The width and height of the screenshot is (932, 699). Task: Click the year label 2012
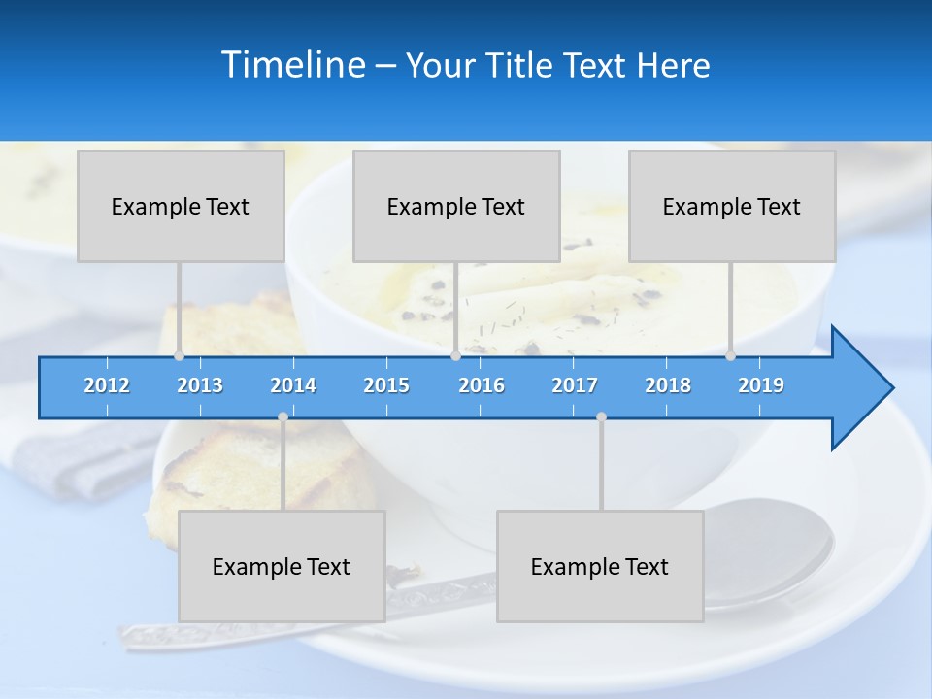click(x=107, y=385)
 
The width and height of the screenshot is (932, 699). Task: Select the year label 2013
click(x=200, y=385)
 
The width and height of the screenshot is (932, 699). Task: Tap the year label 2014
click(x=293, y=385)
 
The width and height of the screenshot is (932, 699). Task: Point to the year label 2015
click(x=386, y=385)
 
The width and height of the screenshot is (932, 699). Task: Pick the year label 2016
click(x=482, y=385)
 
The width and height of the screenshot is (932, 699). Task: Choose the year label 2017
click(x=575, y=385)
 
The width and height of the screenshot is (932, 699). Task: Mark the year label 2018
click(x=668, y=385)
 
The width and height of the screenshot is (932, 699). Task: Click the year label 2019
click(x=761, y=385)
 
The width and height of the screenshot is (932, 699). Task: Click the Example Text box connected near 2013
click(x=181, y=206)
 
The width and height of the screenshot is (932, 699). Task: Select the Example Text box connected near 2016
click(x=456, y=206)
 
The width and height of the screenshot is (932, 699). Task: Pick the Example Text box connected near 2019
click(x=732, y=206)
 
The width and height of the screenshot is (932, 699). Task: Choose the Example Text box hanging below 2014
click(x=282, y=566)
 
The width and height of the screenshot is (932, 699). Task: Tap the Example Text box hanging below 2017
click(x=600, y=566)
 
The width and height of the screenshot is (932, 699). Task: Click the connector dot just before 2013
click(x=179, y=356)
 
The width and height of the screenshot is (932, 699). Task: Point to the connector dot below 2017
click(x=601, y=417)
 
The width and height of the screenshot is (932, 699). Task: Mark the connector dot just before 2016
click(x=455, y=356)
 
